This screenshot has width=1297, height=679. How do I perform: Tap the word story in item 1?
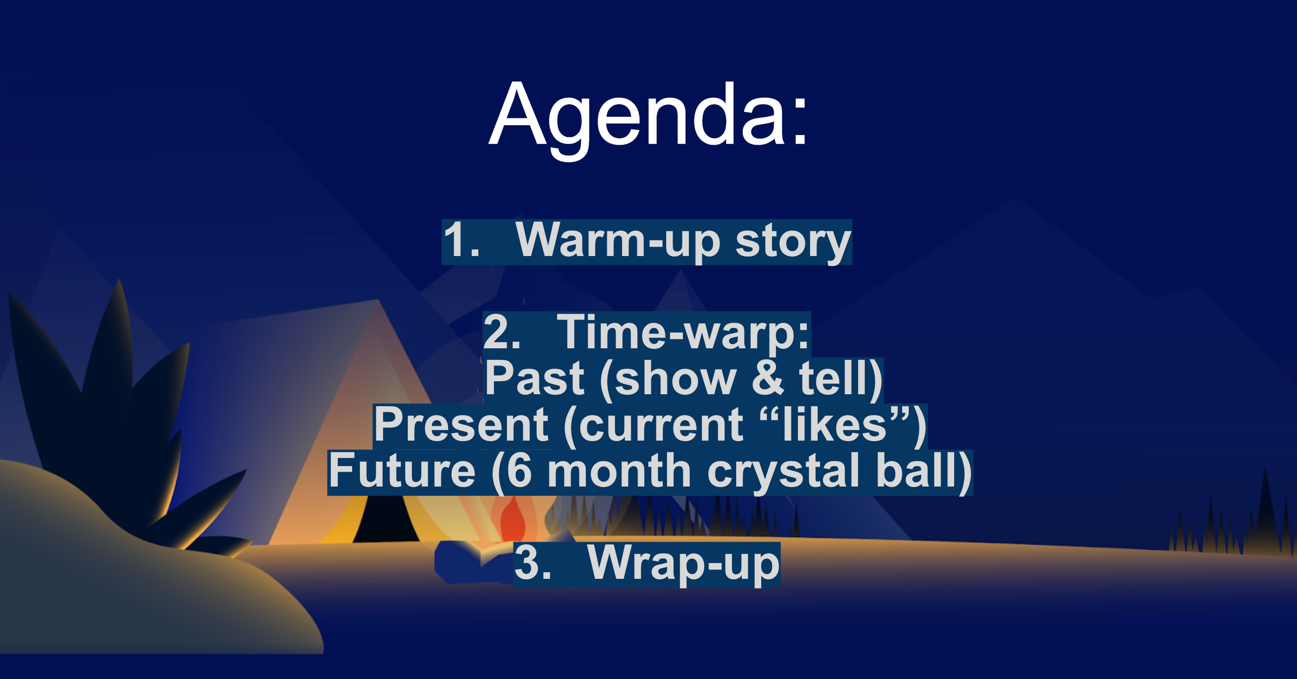click(793, 242)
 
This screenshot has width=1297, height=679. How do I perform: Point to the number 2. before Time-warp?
click(501, 333)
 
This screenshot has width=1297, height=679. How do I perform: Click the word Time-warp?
click(683, 333)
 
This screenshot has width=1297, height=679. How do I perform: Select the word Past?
click(534, 379)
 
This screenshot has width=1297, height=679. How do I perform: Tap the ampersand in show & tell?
click(767, 379)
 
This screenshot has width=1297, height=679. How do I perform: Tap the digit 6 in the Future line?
click(519, 471)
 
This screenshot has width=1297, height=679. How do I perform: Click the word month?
click(619, 471)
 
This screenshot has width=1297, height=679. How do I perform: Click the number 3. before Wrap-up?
click(533, 563)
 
